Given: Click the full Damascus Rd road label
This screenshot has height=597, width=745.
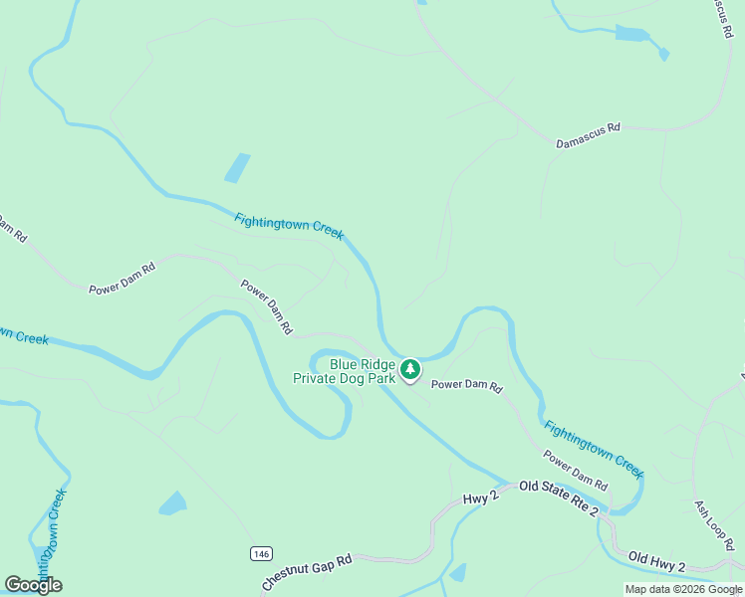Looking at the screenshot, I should [x=588, y=136].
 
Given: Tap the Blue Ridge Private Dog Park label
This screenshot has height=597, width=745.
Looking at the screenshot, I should [x=344, y=371].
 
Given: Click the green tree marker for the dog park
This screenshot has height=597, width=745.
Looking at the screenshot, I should [x=409, y=371].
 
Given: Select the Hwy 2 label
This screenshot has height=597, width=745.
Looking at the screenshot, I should [x=480, y=497].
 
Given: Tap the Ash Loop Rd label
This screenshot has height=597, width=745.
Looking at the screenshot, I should [x=714, y=525].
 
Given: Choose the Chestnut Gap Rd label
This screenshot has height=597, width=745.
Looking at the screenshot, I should [x=308, y=572].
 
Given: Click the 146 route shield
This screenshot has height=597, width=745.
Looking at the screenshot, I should [x=261, y=553].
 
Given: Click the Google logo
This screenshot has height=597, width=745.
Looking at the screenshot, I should [x=34, y=584].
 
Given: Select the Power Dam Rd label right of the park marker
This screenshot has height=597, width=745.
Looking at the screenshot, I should [x=466, y=385].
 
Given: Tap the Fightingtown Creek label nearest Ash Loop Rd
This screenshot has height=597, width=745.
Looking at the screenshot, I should [x=594, y=446].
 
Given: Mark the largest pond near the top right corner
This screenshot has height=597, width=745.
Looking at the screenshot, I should [x=631, y=35].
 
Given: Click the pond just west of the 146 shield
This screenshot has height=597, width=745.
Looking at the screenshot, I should [x=172, y=502].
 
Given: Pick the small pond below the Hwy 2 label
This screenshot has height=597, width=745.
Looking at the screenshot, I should [x=458, y=572].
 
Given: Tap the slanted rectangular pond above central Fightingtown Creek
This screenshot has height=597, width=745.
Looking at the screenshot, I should [x=237, y=167].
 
